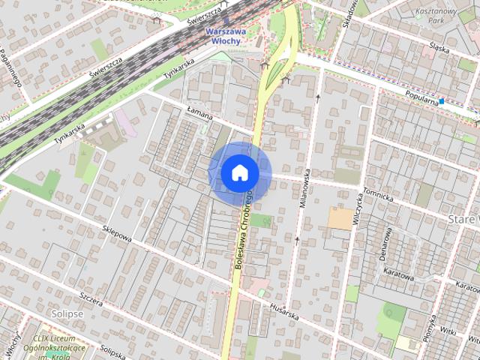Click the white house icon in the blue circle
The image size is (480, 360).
(x=240, y=173)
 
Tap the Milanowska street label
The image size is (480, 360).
(x=306, y=187)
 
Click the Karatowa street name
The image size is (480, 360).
(x=398, y=273)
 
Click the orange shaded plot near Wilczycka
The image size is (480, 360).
(x=340, y=218)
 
